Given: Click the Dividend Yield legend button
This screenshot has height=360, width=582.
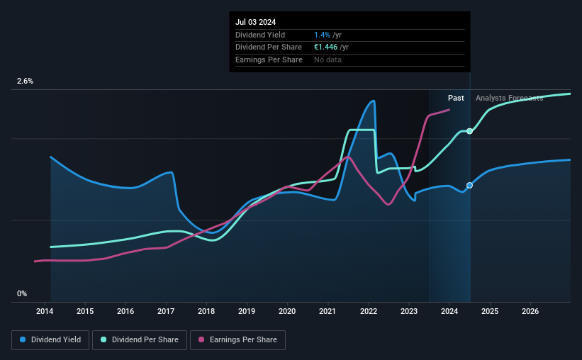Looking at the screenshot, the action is (50, 340).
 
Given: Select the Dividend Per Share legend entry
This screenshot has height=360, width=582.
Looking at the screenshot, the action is (140, 340).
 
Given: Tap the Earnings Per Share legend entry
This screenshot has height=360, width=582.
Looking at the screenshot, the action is (237, 340).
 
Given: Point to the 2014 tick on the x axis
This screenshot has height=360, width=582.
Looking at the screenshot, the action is (45, 311).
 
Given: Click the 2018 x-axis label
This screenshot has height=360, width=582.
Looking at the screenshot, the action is (206, 311).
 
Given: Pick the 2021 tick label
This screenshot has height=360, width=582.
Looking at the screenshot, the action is (328, 311).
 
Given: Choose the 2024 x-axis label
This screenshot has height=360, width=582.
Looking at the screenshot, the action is (449, 311).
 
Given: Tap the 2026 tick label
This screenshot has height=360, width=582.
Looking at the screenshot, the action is (530, 311).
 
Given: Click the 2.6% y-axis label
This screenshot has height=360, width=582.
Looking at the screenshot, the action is (25, 81).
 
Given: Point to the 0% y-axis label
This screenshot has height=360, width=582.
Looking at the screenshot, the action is (22, 293).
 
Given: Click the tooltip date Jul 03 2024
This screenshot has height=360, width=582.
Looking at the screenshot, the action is (255, 22).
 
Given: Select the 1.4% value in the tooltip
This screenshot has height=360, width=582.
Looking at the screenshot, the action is (322, 35).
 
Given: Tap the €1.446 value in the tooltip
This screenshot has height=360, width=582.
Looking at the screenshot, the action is (326, 47).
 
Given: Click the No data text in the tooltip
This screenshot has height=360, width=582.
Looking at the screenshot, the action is (328, 60).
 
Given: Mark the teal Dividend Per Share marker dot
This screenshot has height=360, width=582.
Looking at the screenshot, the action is (469, 131).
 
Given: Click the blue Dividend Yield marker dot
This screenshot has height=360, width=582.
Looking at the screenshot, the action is (469, 185).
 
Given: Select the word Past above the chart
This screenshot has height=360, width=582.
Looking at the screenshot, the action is (456, 98).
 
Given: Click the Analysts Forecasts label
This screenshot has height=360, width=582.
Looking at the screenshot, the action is (509, 98).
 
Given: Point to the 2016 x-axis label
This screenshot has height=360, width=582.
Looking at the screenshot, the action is (125, 311).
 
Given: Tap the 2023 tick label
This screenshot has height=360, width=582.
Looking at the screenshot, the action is (408, 311).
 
